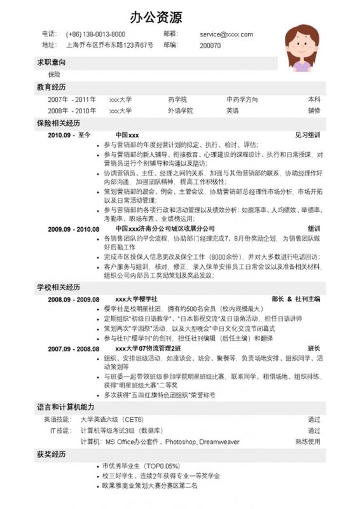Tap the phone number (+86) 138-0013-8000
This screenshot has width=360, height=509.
(x=95, y=34)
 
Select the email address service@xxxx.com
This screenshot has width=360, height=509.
(x=226, y=34)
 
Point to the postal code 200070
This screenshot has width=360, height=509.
(x=210, y=46)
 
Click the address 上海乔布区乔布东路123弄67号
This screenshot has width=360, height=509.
(x=109, y=45)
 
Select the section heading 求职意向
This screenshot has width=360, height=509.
(x=51, y=63)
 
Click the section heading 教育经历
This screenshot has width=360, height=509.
(x=51, y=87)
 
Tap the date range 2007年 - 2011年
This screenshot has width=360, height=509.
(x=72, y=100)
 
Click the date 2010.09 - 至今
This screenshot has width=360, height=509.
(x=70, y=136)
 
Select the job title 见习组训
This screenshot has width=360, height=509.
(x=308, y=136)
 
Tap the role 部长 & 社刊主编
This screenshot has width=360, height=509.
(x=296, y=299)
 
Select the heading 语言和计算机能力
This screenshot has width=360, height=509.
(x=66, y=407)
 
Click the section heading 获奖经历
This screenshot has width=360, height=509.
(x=51, y=455)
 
